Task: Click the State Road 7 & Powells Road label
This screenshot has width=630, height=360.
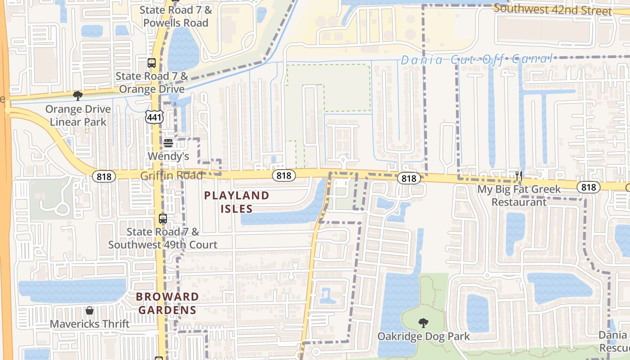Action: coord(175,16)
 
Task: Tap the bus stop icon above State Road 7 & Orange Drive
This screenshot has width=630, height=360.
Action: coord(152,63)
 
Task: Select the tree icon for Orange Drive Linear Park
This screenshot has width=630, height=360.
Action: coord(78,95)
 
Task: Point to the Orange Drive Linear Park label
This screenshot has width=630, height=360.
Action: coord(78,116)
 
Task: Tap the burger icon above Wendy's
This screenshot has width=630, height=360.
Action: coord(168,143)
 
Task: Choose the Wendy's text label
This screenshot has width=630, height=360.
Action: coord(168,157)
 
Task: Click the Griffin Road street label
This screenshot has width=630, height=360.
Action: coord(171,175)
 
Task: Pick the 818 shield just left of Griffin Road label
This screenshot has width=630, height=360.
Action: coord(103,176)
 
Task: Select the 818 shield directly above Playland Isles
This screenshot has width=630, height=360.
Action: coord(284,175)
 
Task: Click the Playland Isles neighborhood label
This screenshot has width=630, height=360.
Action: coord(237,202)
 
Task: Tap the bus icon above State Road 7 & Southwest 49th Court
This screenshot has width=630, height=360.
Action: coord(163,219)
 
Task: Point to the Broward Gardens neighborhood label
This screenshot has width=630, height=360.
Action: coord(167,303)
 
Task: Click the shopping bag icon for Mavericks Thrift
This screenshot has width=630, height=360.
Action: coord(90,310)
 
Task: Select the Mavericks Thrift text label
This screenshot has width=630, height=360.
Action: coord(90,324)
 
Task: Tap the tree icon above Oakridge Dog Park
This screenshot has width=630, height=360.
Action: coord(423,322)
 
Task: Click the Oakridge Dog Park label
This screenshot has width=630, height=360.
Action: coord(423,336)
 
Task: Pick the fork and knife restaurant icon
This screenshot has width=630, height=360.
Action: coord(519,175)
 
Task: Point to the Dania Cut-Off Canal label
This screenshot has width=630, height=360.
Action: coord(476,59)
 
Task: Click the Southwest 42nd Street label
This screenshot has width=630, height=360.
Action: coord(553,10)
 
